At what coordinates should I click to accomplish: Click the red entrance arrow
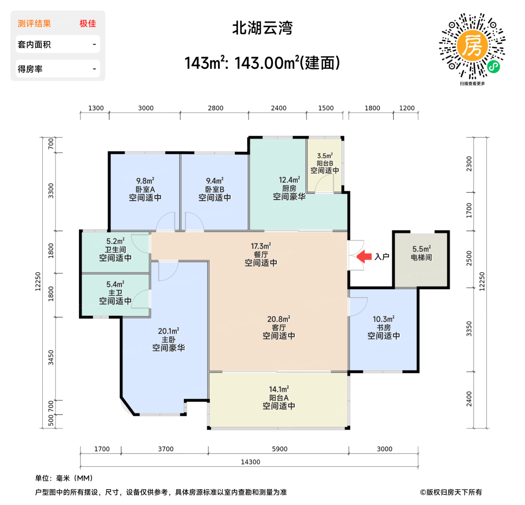pyautogui.click(x=364, y=257)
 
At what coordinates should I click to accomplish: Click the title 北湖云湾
pyautogui.click(x=262, y=28)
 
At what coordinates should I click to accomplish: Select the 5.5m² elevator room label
pyautogui.click(x=421, y=249)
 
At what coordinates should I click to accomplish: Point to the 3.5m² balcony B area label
pyautogui.click(x=325, y=156)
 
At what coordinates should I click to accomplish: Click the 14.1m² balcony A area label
pyautogui.click(x=279, y=389)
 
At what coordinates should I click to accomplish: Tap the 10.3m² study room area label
pyautogui.click(x=383, y=319)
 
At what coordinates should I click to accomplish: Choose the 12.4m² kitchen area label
pyautogui.click(x=289, y=180)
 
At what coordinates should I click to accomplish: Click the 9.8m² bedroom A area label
pyautogui.click(x=145, y=181)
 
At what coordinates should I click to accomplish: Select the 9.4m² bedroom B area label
pyautogui.click(x=214, y=181)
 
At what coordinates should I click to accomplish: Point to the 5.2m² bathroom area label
pyautogui.click(x=115, y=241)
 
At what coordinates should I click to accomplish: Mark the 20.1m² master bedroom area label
pyautogui.click(x=168, y=331)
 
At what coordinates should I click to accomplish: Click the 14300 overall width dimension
pyautogui.click(x=250, y=462)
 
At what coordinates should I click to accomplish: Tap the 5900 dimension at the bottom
pyautogui.click(x=279, y=449)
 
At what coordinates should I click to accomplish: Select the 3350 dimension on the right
pyautogui.click(x=469, y=329)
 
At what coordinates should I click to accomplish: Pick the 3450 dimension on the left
pyautogui.click(x=51, y=358)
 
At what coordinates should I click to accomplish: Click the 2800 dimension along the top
pyautogui.click(x=216, y=108)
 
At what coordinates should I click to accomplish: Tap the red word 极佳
pyautogui.click(x=88, y=24)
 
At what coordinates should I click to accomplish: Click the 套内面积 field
pyautogui.click(x=58, y=44)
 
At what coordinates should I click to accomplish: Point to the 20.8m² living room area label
pyautogui.click(x=279, y=319)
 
